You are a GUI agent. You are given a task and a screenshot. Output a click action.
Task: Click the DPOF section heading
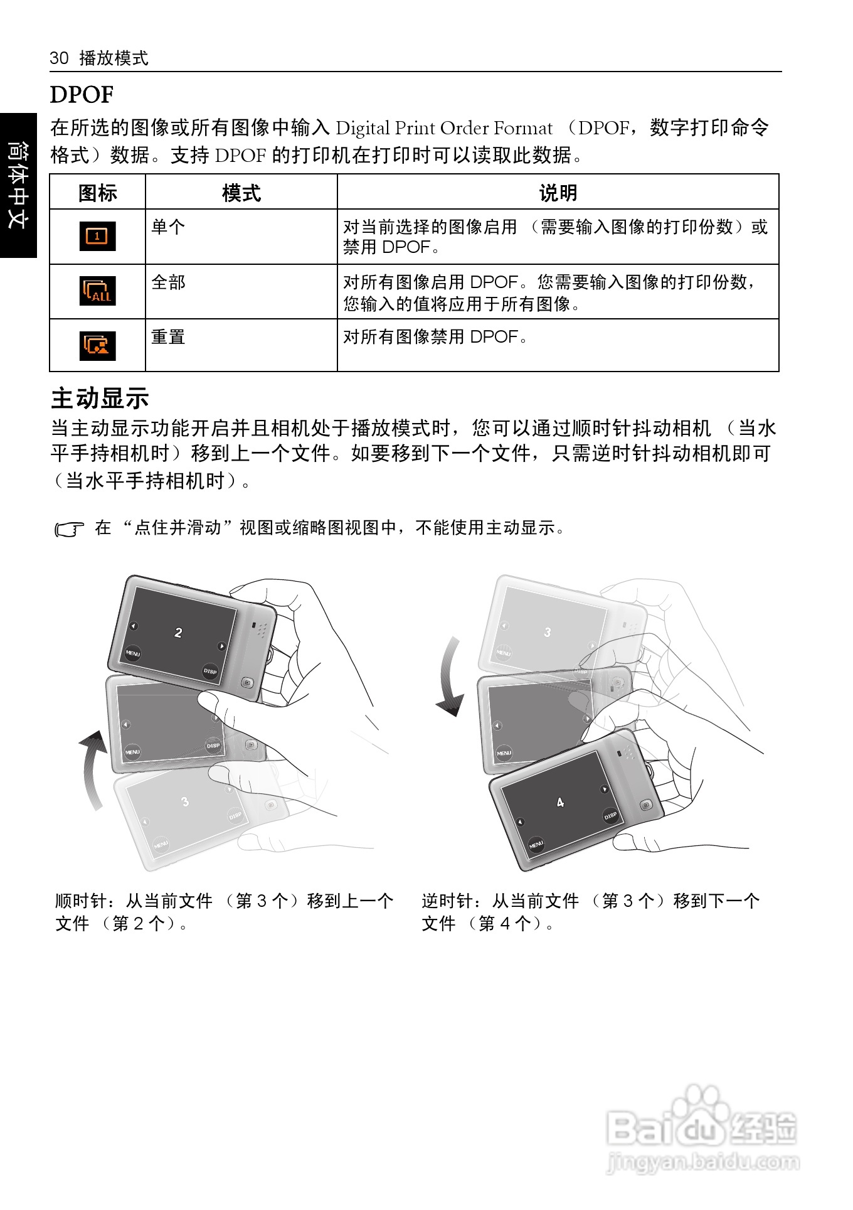[x=82, y=95]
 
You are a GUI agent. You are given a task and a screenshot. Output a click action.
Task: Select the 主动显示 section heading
[x=100, y=398]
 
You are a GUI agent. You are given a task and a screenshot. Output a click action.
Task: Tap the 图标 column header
[x=97, y=193]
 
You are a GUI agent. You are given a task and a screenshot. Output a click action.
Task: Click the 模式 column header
[x=241, y=193]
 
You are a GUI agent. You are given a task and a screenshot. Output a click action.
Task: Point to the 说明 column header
[x=558, y=193]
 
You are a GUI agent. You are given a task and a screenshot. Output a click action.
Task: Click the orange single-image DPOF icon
[x=97, y=236]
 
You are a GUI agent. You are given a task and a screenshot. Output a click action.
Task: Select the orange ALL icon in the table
[x=97, y=291]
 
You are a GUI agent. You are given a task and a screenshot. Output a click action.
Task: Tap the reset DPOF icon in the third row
[x=97, y=345]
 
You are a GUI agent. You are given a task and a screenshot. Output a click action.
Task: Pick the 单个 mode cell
[x=168, y=227]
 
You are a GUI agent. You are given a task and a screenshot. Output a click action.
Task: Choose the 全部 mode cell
[x=168, y=282]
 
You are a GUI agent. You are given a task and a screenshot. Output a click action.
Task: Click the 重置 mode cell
[x=168, y=337]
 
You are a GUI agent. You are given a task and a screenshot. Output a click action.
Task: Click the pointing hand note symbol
[x=69, y=530]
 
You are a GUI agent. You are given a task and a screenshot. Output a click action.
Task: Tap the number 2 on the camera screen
[x=178, y=633]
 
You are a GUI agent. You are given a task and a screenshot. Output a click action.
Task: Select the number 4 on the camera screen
[x=560, y=802]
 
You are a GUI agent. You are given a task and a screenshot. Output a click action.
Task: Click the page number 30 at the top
[x=59, y=58]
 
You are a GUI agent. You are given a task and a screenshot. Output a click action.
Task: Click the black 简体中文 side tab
[x=18, y=185]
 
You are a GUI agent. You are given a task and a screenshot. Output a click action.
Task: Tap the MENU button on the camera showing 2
[x=132, y=653]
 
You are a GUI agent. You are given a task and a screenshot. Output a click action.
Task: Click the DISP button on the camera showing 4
[x=610, y=816]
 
